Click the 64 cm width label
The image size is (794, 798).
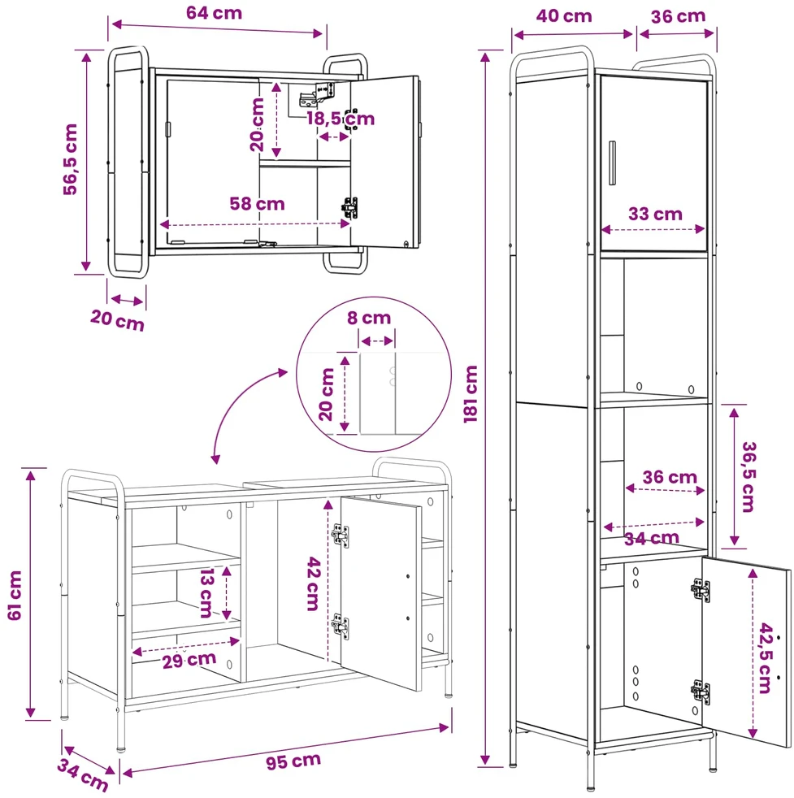pyautogui.click(x=214, y=13)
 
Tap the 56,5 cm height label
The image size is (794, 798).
pyautogui.click(x=70, y=159)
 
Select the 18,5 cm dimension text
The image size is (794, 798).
pyautogui.click(x=341, y=119)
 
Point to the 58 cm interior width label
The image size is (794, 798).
pyautogui.click(x=257, y=204)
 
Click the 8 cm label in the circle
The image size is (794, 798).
pyautogui.click(x=369, y=318)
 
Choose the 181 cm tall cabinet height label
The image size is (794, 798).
pyautogui.click(x=471, y=394)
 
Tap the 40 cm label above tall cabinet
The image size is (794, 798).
pyautogui.click(x=564, y=15)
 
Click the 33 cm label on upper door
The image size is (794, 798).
pyautogui.click(x=655, y=214)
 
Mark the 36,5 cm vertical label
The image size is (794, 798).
pyautogui.click(x=748, y=476)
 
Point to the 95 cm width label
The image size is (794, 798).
pyautogui.click(x=293, y=761)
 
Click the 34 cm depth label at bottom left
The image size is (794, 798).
pyautogui.click(x=82, y=774)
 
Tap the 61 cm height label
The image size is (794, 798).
pyautogui.click(x=15, y=596)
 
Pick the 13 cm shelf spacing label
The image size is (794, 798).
pyautogui.click(x=206, y=593)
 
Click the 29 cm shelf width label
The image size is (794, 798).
pyautogui.click(x=189, y=660)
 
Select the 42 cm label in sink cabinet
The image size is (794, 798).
pyautogui.click(x=313, y=583)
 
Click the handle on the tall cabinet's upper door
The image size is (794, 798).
pyautogui.click(x=612, y=163)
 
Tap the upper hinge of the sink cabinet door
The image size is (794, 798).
pyautogui.click(x=341, y=536)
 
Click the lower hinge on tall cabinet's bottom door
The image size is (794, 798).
pyautogui.click(x=701, y=692)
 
